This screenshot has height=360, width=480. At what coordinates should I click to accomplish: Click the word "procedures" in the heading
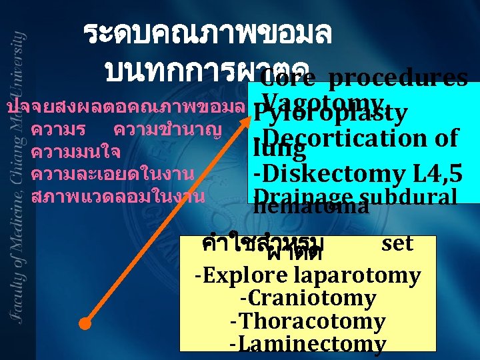(x=398, y=79)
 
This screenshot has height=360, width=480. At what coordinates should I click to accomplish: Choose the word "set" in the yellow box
(x=397, y=243)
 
